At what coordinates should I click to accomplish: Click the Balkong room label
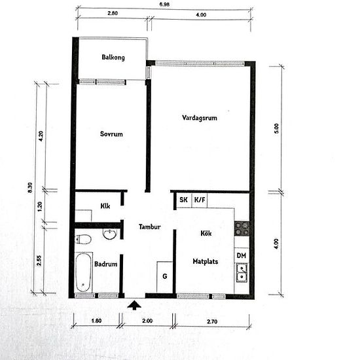(x=113, y=58)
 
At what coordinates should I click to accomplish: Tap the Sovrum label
(x=111, y=134)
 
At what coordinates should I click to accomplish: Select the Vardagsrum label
(x=200, y=118)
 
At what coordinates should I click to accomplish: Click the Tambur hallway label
(x=150, y=227)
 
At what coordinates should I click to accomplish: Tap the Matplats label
(x=205, y=261)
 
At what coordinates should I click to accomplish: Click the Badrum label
(x=105, y=264)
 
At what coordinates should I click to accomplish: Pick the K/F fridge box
(x=199, y=200)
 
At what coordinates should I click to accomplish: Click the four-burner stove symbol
(x=242, y=228)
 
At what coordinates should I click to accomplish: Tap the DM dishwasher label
(x=240, y=255)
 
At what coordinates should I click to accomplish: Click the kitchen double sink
(x=242, y=272)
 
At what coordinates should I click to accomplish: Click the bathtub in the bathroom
(x=82, y=272)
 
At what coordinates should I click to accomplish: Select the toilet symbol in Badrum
(x=82, y=239)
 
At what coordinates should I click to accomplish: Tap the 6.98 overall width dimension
(x=164, y=5)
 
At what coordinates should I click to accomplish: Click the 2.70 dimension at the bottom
(x=211, y=322)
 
